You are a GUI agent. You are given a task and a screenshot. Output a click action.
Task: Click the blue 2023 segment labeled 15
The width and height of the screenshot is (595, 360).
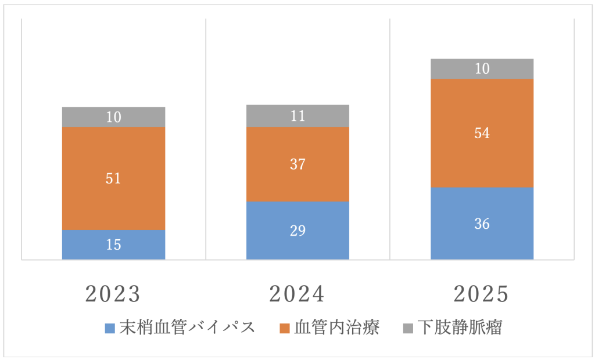point(113,244)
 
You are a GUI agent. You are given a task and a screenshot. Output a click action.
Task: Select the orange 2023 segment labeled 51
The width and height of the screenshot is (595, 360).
point(113,178)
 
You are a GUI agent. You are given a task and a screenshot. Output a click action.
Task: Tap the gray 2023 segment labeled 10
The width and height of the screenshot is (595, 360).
point(113,117)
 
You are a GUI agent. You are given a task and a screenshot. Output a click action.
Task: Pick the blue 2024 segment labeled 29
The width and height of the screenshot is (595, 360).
point(297,230)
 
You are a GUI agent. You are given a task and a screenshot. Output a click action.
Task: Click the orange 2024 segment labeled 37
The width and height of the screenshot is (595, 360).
point(297,164)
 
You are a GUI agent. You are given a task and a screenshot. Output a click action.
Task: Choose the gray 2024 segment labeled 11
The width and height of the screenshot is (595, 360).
point(297,116)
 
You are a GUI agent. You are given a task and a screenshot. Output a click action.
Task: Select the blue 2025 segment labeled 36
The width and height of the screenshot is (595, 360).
point(482,224)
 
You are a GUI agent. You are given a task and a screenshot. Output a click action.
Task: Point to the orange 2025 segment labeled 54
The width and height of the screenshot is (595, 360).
point(482,133)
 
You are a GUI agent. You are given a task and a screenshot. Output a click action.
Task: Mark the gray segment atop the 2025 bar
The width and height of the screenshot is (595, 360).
point(482,69)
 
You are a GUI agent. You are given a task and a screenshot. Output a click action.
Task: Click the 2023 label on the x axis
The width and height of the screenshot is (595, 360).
point(113,294)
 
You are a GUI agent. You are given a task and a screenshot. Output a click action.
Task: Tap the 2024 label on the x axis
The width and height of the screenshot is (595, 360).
point(297,294)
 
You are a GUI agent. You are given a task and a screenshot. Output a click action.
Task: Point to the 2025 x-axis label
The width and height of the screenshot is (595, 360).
point(482,294)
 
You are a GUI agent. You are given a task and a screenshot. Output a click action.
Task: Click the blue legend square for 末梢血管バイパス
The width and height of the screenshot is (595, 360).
point(110,329)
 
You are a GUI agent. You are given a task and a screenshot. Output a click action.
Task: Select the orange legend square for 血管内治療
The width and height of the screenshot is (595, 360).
point(284,329)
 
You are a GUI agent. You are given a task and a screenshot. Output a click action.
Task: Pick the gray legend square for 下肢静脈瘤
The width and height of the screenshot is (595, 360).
point(408,329)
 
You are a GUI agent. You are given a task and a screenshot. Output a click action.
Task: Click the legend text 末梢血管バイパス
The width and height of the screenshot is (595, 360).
point(187,327)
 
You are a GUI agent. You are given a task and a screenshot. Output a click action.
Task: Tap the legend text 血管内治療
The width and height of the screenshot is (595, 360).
point(337,327)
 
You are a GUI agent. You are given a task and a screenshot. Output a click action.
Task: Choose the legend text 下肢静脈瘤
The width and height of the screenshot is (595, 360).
point(460,327)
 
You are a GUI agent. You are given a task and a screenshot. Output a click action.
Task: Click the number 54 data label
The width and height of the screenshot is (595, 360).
point(482,133)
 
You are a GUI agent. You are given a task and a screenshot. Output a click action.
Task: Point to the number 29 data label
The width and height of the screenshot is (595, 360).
point(297,230)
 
